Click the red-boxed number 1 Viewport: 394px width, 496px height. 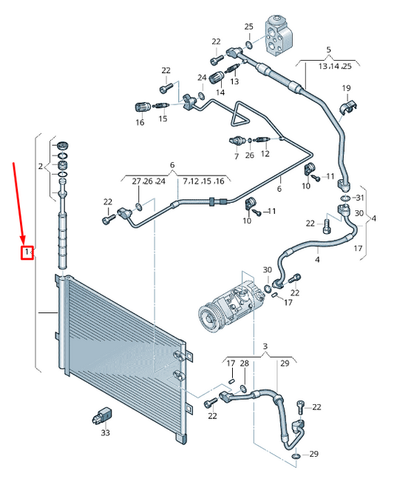point(27,252)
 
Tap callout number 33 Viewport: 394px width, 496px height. point(105,432)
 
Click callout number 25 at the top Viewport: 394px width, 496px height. point(248,27)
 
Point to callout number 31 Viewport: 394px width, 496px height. point(360,198)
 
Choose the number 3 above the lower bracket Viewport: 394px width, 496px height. point(265,346)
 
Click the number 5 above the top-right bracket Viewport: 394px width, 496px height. point(328,50)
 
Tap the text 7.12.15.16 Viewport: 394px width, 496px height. point(203,181)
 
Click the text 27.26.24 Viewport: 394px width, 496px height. point(149,181)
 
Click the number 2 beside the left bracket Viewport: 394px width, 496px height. point(41,167)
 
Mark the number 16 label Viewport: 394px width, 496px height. point(140,122)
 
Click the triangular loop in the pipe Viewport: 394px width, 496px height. point(241,115)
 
